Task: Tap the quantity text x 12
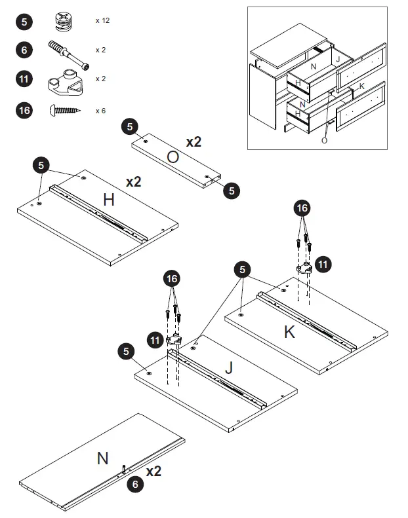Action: [x=102, y=21]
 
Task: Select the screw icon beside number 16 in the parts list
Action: [x=64, y=111]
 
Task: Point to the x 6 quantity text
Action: [x=100, y=111]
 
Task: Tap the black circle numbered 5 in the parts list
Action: [x=24, y=21]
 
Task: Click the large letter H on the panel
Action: [x=108, y=200]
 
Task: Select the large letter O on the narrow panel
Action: [x=173, y=157]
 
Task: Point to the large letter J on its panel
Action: [x=228, y=368]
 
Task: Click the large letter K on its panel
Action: [x=289, y=332]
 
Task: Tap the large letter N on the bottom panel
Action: [x=102, y=458]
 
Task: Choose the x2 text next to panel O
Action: [x=194, y=141]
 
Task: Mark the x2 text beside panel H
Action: [x=133, y=181]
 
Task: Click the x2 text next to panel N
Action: [x=154, y=472]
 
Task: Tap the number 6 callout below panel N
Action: [x=135, y=485]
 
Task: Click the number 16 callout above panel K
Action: [x=302, y=209]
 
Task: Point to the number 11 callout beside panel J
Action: [x=155, y=340]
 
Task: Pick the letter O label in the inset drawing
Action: [x=324, y=139]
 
